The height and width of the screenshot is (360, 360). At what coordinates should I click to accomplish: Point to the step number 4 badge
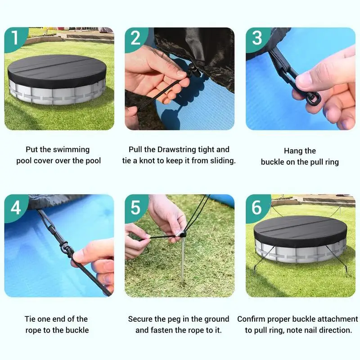(16, 208)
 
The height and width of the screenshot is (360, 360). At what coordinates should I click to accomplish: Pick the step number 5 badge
(136, 208)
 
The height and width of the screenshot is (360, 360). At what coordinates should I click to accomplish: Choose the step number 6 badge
(257, 208)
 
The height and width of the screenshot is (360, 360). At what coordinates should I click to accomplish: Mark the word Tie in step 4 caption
(30, 319)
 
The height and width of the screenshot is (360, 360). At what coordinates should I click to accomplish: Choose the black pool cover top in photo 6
(300, 232)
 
